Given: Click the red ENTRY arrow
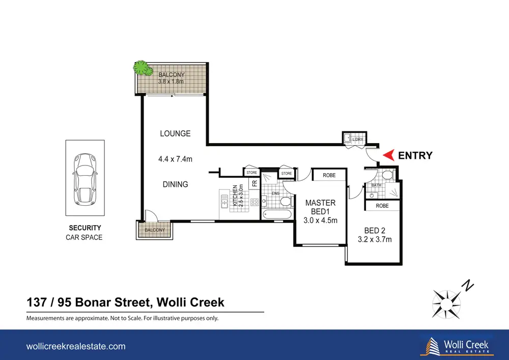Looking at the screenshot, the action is point(389,155).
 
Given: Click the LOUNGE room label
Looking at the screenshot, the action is point(175,133).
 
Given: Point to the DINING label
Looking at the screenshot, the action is point(175,184).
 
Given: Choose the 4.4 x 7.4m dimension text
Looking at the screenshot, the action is point(175,159).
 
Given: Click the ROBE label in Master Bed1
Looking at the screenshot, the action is point(329,175).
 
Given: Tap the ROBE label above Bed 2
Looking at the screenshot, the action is point(382,206).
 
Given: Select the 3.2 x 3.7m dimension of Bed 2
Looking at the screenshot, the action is point(375,239).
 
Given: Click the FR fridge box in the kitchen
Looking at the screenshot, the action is point(254,183).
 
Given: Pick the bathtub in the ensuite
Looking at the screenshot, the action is point(277,214).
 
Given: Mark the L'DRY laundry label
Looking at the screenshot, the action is point(358,139).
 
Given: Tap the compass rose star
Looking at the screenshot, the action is point(446,304).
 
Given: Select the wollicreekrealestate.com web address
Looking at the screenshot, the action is point(76,346).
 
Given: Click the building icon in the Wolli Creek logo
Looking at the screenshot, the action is point(432,346).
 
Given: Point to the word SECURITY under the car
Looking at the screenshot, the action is point(84,228).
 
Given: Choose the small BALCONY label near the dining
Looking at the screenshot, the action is point(155,230).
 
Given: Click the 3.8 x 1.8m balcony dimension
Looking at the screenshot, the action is point(171,81).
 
